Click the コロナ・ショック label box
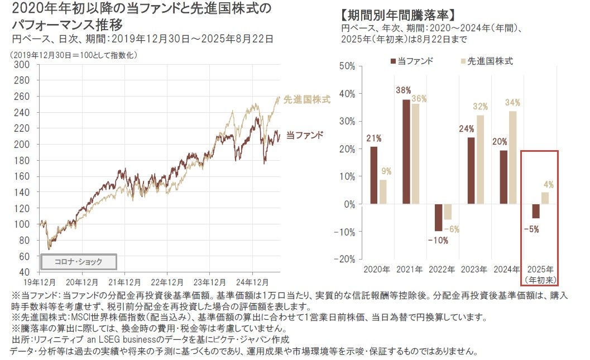coord(79,261)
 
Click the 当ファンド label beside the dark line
coord(305,135)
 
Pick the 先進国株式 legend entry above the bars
coord(485,61)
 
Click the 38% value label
coord(404,90)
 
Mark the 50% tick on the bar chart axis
coord(347,66)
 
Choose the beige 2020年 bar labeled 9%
coord(383,191)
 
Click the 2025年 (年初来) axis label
coord(541,274)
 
